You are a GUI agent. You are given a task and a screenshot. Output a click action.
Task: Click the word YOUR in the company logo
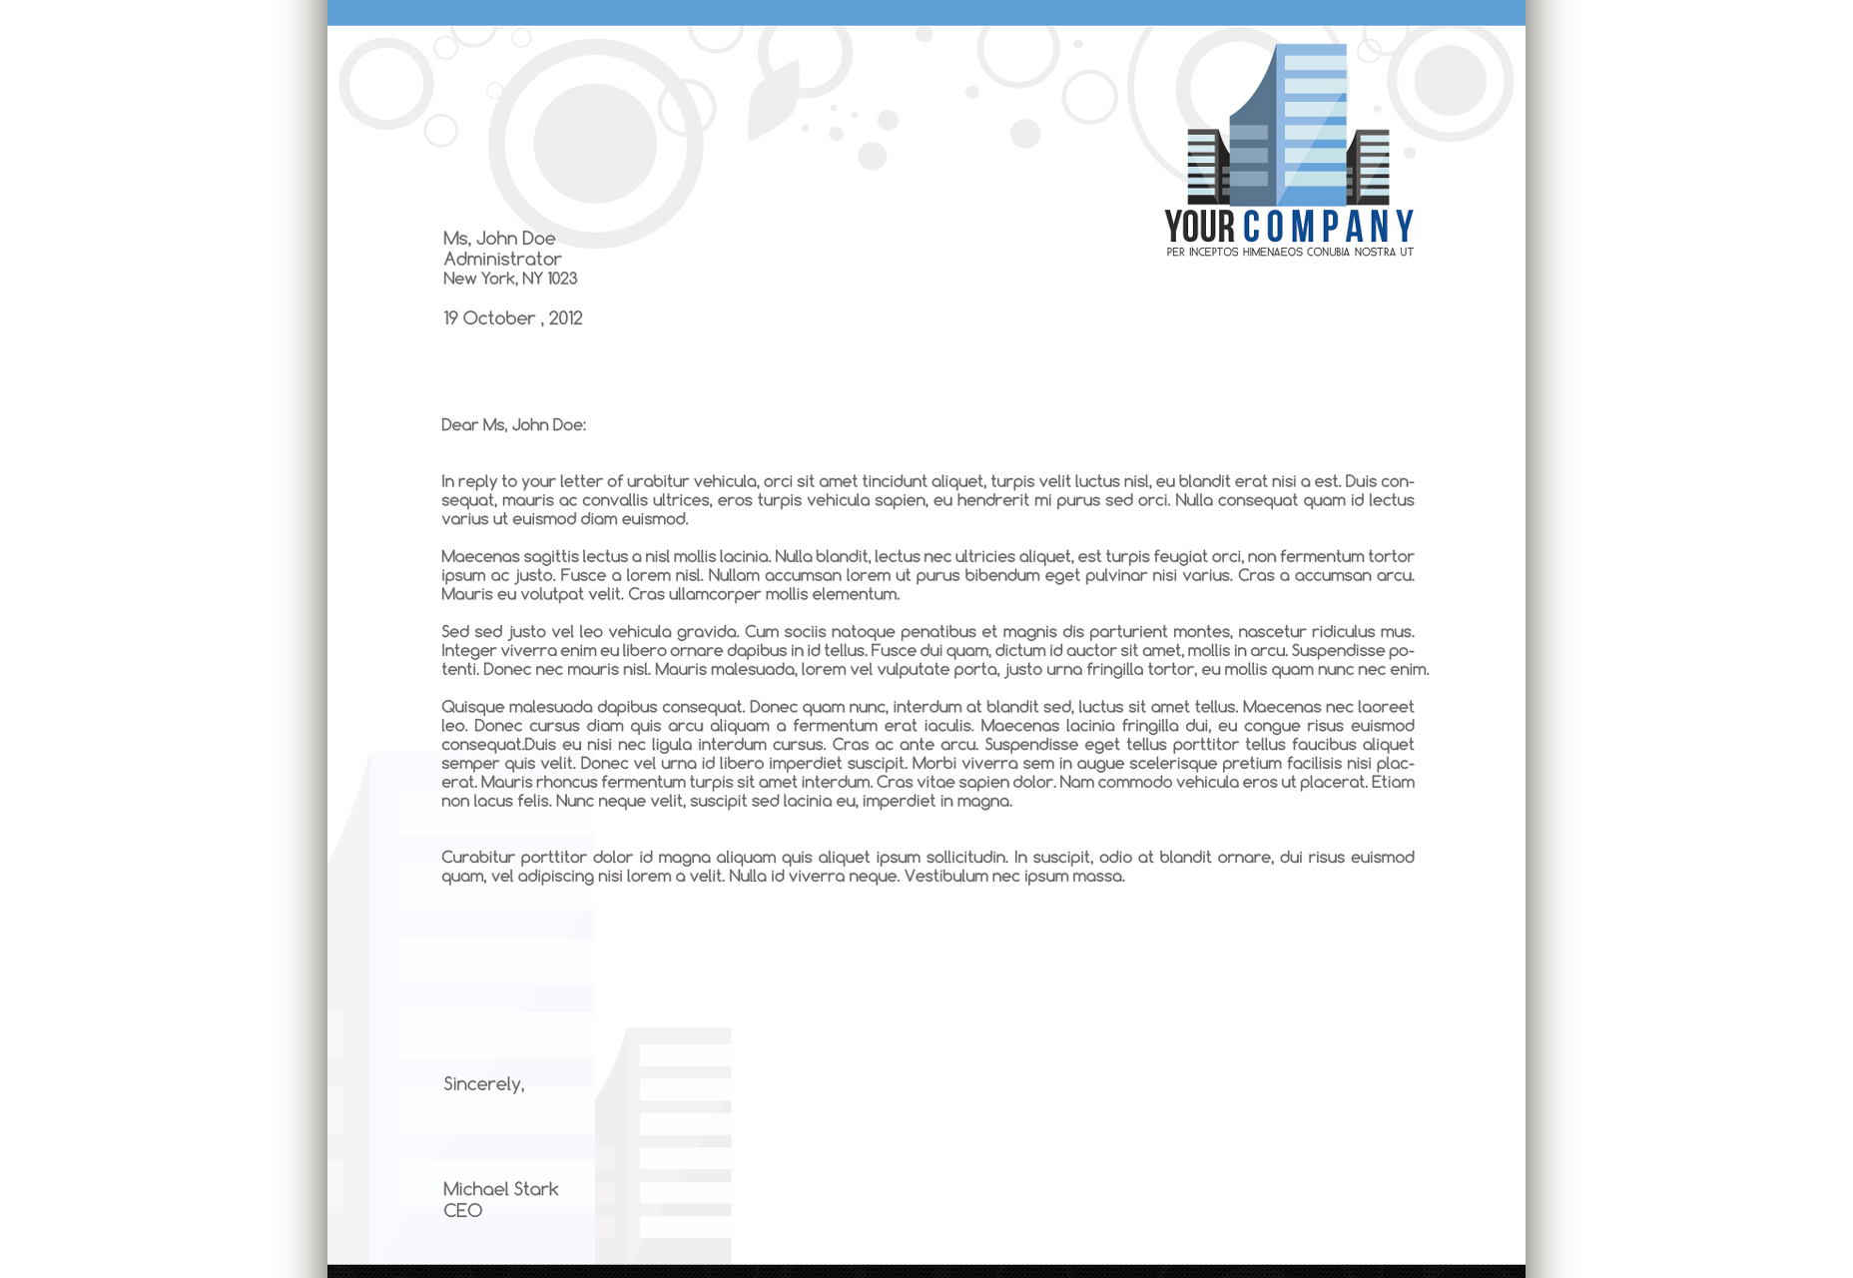point(1200,227)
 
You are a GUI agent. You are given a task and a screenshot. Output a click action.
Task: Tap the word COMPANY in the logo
point(1328,227)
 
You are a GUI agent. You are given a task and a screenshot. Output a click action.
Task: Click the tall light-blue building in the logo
point(1314,125)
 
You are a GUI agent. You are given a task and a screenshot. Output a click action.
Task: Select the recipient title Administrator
point(502,259)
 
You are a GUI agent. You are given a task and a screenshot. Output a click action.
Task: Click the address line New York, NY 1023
point(510,279)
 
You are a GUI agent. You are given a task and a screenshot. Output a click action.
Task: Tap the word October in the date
point(499,319)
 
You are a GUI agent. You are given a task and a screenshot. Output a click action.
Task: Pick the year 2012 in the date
point(565,319)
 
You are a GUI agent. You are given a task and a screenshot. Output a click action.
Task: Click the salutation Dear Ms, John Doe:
point(513,425)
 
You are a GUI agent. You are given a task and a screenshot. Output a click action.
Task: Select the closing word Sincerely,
point(483,1084)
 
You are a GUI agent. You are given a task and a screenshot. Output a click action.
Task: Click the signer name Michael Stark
point(500,1189)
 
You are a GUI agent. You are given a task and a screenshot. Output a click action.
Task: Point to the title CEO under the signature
point(462,1211)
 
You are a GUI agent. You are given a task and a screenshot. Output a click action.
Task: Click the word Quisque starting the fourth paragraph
point(472,707)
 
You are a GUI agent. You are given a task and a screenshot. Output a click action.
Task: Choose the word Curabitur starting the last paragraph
point(477,858)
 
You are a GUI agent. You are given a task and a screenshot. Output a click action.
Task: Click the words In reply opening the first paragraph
point(469,482)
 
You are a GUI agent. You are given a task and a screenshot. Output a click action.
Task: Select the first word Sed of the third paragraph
point(455,632)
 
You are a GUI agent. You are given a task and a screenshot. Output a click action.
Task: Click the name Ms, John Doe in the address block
point(499,239)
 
